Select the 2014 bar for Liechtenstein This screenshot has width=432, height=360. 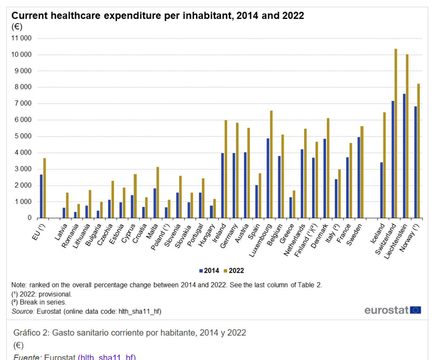pyautogui.click(x=404, y=156)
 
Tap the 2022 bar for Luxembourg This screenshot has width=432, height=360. pyautogui.click(x=271, y=164)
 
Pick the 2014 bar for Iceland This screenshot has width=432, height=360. pyautogui.click(x=381, y=190)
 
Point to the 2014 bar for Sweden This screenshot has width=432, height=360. pyautogui.click(x=359, y=177)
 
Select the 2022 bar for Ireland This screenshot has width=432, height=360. pyautogui.click(x=226, y=169)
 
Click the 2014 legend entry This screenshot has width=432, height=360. pyautogui.click(x=209, y=271)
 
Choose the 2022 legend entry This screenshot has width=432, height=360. pyautogui.click(x=234, y=271)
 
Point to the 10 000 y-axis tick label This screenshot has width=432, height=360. pyautogui.click(x=22, y=55)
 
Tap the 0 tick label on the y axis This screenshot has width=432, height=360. pyautogui.click(x=30, y=218)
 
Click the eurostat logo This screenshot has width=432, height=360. pyautogui.click(x=392, y=310)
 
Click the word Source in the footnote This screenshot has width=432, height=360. pyautogui.click(x=23, y=311)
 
